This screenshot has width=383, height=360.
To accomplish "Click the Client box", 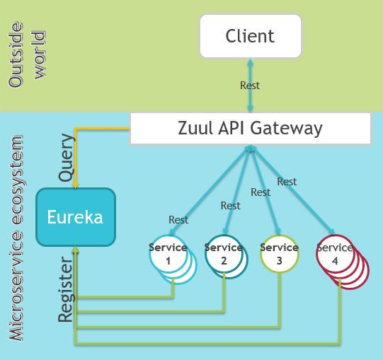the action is (x=251, y=36).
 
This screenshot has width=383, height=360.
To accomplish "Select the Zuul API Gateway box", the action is (x=251, y=129).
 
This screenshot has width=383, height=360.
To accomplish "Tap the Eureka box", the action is (x=76, y=217).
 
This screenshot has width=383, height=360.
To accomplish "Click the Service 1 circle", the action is (x=168, y=254).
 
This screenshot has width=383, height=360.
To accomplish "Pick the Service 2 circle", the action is (x=224, y=254).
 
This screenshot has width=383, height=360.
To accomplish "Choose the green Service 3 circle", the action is (x=280, y=254).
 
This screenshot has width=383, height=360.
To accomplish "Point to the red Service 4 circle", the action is (x=335, y=254).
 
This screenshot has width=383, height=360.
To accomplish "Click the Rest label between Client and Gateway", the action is (x=250, y=86).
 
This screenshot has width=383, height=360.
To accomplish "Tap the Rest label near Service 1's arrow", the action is (x=178, y=220).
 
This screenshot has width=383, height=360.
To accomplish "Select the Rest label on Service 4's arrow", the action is (x=287, y=182).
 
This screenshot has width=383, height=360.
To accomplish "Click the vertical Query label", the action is (x=66, y=158).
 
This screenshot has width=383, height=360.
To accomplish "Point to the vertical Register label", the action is (x=65, y=289).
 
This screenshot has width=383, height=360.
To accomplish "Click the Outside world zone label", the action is (x=26, y=55).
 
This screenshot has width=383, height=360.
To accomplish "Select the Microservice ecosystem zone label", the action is (x=16, y=238).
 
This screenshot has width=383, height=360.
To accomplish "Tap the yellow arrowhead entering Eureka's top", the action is (x=76, y=185).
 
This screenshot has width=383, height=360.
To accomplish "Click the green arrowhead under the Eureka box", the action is (x=76, y=249).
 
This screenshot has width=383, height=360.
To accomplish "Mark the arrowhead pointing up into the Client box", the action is (x=250, y=62).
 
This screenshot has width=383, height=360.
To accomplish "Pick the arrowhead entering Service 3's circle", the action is (x=278, y=232).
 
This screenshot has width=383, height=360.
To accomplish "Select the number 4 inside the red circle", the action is (x=335, y=261).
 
